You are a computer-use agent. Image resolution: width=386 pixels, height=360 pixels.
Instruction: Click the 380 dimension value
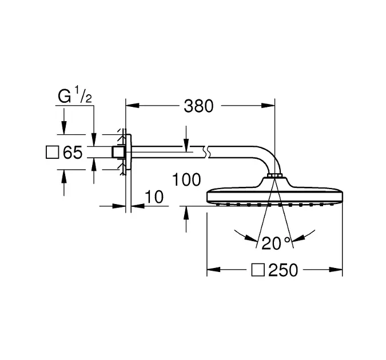coord(198,106)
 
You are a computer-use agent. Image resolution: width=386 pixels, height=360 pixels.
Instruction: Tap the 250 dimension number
coord(283,270)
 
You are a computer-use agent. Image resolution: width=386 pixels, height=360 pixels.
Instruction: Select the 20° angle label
coord(276,243)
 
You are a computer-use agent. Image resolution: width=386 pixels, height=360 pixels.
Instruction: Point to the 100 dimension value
coord(186,179)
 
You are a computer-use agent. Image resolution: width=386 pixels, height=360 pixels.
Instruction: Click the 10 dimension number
coord(154,197)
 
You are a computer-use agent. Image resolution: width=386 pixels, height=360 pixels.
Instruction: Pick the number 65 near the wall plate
coord(73,153)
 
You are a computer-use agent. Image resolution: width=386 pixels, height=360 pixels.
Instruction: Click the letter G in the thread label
coord(65,96)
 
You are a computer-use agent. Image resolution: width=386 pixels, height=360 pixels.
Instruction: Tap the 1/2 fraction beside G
coord(83,94)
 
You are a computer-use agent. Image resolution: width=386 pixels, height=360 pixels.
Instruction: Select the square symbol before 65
coord(53,153)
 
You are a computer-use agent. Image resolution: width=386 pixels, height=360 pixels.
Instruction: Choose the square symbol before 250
coord(258,270)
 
